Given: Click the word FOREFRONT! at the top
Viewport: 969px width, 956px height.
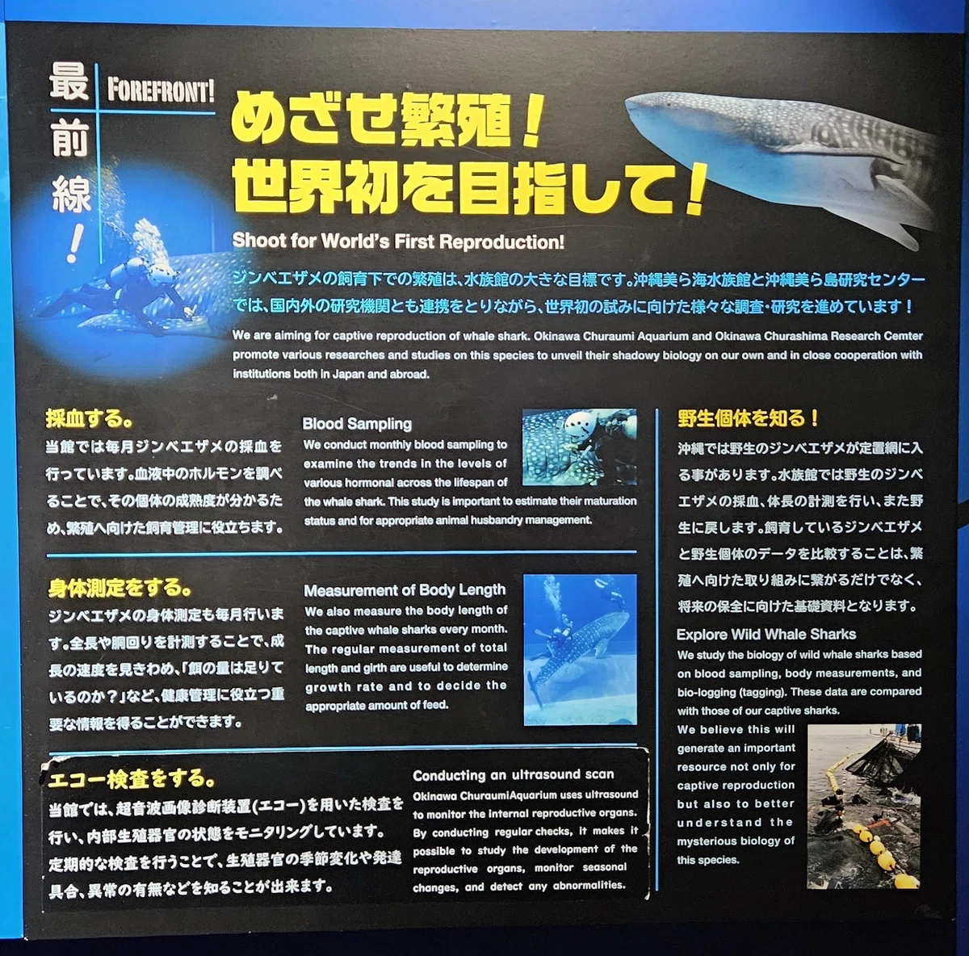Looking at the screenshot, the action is (161, 90).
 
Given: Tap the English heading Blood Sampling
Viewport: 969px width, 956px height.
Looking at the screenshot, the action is (357, 424).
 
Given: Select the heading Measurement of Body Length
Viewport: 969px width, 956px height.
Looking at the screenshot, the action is (405, 590).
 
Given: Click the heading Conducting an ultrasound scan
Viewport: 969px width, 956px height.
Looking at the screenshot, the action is (514, 774).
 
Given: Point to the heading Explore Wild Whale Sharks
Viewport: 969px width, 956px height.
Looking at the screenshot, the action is (766, 634).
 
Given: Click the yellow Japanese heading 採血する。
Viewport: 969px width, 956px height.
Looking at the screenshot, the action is (90, 418).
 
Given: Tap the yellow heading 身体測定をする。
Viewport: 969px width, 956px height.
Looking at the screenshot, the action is (120, 587).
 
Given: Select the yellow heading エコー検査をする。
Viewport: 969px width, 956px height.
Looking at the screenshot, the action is (132, 779).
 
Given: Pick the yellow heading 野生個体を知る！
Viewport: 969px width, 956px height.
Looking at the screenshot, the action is (748, 418).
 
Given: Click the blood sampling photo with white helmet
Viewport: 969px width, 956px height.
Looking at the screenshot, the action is (579, 447).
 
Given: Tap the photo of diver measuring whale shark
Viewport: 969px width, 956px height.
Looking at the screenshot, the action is (581, 650).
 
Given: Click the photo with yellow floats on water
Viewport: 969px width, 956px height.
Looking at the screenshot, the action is (864, 806).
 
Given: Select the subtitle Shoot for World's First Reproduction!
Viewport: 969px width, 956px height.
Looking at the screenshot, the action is (398, 241).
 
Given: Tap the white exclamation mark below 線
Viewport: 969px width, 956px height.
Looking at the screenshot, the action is (75, 242).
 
